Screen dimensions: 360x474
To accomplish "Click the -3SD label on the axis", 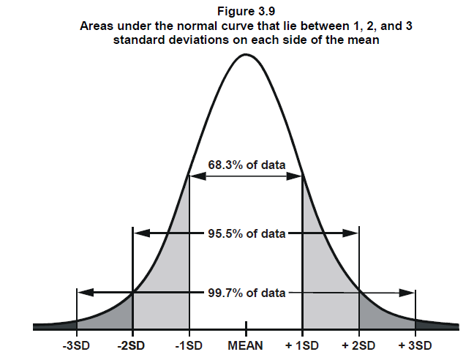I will [77, 345].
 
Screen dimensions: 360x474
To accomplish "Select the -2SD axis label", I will [132, 345].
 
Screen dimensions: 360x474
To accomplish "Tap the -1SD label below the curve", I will [189, 345].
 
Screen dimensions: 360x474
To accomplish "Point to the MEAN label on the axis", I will [246, 345].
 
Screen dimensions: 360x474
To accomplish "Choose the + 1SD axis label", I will [302, 345].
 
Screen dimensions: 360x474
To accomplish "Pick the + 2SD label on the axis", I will [358, 345].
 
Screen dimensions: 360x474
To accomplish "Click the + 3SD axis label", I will [415, 345].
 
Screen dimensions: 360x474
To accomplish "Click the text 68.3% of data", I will [247, 165].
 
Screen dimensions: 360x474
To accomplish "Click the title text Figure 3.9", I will [246, 11].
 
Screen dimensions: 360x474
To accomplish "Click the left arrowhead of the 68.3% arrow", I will [194, 176].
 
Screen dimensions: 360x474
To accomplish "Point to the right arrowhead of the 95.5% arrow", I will [353, 233].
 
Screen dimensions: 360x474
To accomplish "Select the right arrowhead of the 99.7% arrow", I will [409, 292].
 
